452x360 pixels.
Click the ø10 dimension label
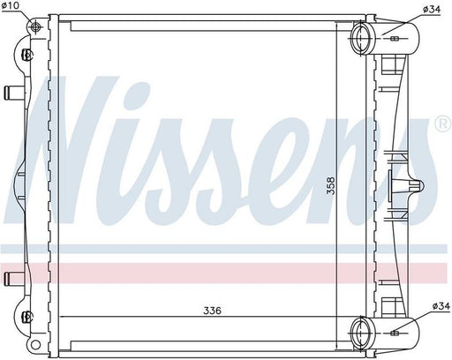pos(10,5)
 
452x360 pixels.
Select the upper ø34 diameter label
pos(432,9)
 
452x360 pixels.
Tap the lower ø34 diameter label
pos(441,306)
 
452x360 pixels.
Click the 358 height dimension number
pos(331,185)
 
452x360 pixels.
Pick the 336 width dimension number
pos(212,311)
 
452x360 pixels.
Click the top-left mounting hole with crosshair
pos(35,27)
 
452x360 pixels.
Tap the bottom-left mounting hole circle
pos(34,344)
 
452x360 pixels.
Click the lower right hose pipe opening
pos(359,333)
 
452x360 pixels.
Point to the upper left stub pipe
pos(14,93)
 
